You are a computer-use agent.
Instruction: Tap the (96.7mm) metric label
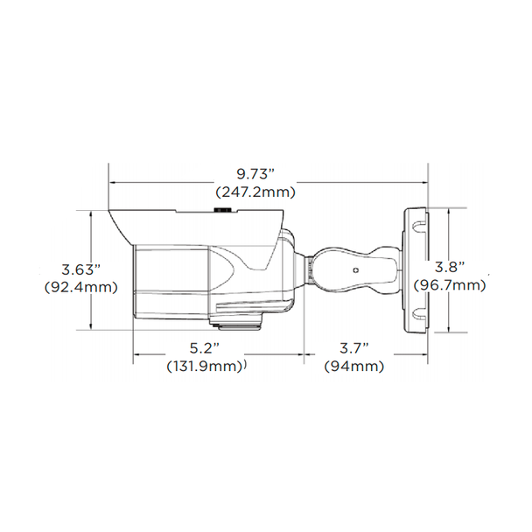pyautogui.click(x=450, y=284)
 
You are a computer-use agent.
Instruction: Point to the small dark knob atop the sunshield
pyautogui.click(x=221, y=210)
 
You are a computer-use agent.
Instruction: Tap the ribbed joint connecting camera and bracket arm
pyautogui.click(x=308, y=269)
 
